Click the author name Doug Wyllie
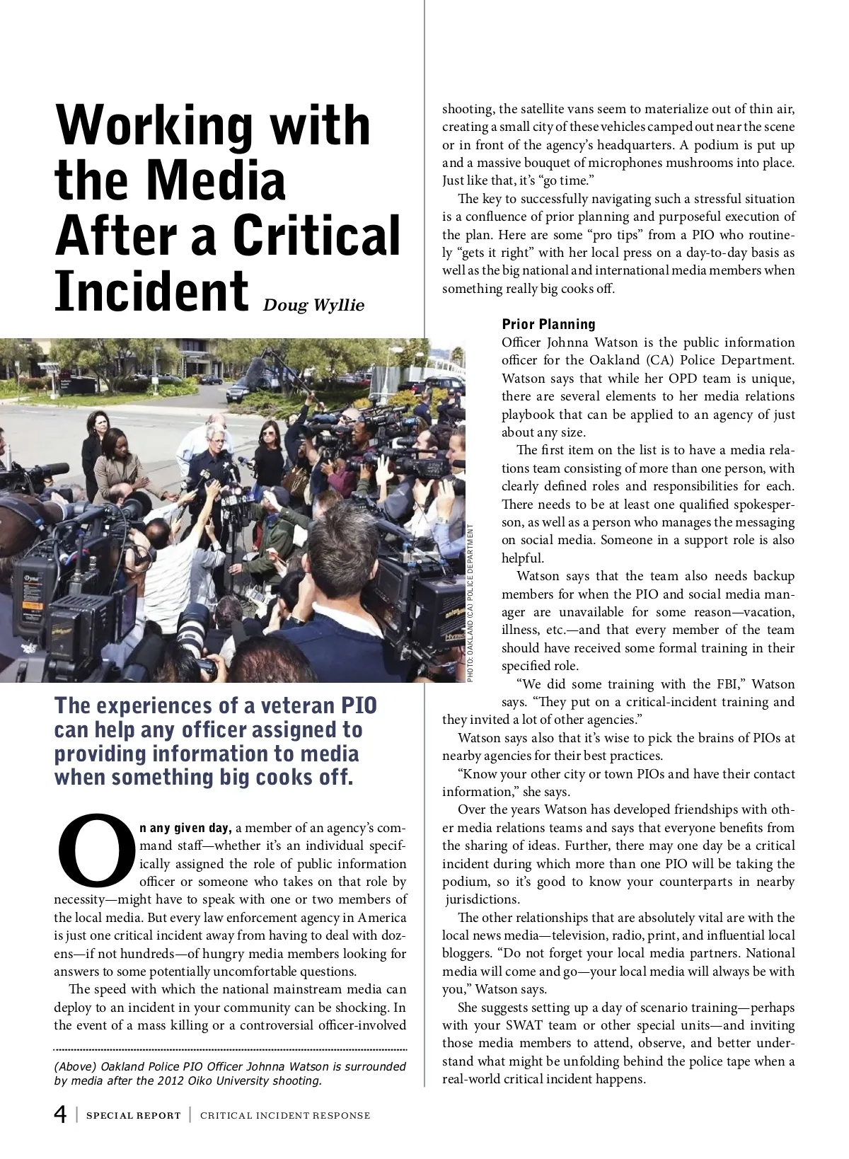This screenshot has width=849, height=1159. [313, 306]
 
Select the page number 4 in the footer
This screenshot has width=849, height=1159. [61, 1115]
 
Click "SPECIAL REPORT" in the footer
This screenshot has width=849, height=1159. [134, 1116]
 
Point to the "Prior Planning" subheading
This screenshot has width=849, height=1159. [548, 325]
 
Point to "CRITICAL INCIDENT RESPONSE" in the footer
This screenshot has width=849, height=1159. [285, 1116]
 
